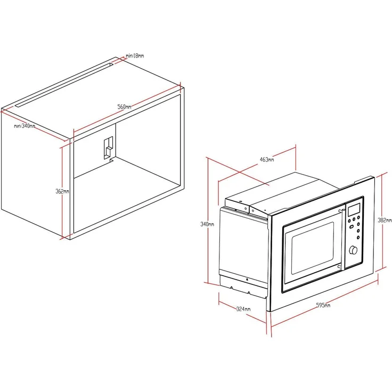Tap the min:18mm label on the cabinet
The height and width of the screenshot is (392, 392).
pyautogui.click(x=135, y=55)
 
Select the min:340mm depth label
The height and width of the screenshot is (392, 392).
pyautogui.click(x=24, y=126)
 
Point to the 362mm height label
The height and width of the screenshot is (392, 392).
pyautogui.click(x=63, y=191)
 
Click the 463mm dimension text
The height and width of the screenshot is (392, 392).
pyautogui.click(x=266, y=159)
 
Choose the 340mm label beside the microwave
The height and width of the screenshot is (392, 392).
pyautogui.click(x=207, y=224)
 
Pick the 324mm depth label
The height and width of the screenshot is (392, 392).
pyautogui.click(x=244, y=309)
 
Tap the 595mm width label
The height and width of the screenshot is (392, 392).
pyautogui.click(x=322, y=306)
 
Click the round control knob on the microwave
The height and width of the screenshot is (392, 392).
pyautogui.click(x=353, y=250)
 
